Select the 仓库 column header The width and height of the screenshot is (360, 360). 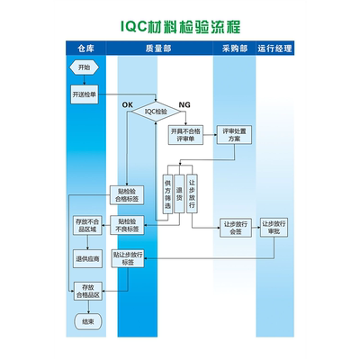point(85,47)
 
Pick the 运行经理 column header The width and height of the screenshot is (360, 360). point(276,47)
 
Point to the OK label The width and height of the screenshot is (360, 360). point(127,105)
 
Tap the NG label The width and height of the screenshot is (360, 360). point(185,105)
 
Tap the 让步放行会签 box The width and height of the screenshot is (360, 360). point(236,225)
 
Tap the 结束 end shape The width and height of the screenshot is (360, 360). point(86,321)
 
